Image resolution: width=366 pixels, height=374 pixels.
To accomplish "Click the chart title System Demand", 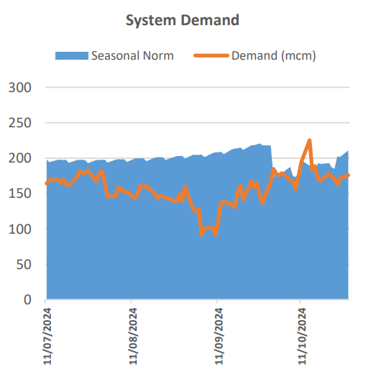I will pyautogui.click(x=182, y=20).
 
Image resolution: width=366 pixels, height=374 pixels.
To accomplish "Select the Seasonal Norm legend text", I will pyautogui.click(x=132, y=55).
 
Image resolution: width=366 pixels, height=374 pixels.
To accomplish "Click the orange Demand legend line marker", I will pyautogui.click(x=212, y=55).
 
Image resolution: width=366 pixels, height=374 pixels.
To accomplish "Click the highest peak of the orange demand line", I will pyautogui.click(x=309, y=140).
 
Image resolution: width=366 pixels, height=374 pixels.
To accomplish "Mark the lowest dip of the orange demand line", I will pyautogui.click(x=202, y=234).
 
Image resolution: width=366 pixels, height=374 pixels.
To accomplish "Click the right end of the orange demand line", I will pyautogui.click(x=349, y=175).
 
